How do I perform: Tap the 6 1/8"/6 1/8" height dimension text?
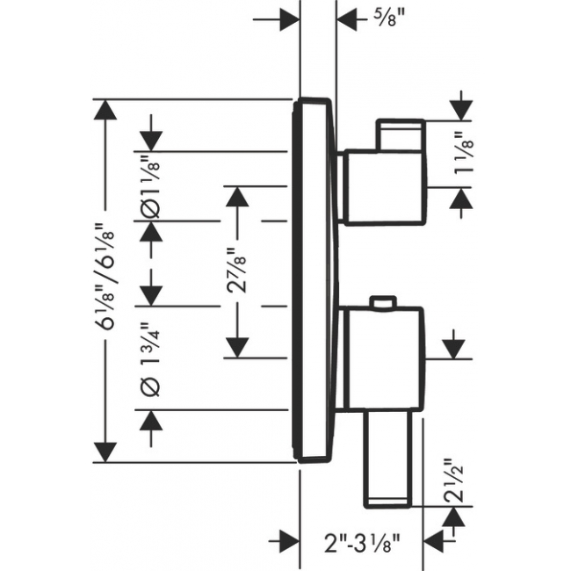(x=107, y=276)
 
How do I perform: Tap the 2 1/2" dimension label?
(x=453, y=480)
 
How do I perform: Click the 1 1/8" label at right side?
(x=464, y=154)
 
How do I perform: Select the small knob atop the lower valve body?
(x=383, y=303)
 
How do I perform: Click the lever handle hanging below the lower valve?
(x=388, y=459)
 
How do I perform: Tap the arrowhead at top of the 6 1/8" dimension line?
(x=105, y=110)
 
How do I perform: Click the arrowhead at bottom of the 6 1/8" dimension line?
(x=105, y=452)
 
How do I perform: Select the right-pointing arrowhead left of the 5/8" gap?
(x=290, y=19)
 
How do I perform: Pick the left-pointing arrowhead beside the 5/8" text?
(x=347, y=19)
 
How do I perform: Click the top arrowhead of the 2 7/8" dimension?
(x=237, y=197)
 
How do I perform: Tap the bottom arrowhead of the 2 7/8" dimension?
(x=237, y=347)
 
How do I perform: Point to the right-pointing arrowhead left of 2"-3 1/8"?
(x=290, y=541)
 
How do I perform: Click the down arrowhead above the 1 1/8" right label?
(x=461, y=111)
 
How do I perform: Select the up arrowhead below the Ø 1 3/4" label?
(x=151, y=421)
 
